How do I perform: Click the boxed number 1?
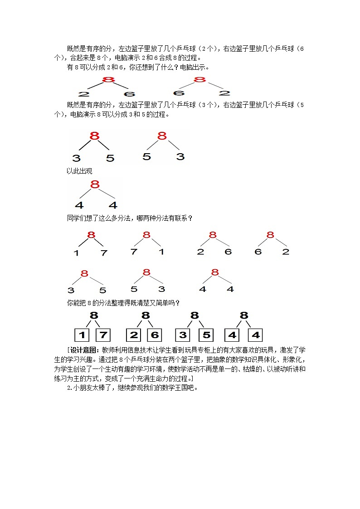coord(82,335)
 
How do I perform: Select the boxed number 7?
coord(103,335)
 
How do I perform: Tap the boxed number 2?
coord(133,335)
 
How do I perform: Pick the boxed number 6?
coord(154,335)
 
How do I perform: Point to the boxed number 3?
coord(183,335)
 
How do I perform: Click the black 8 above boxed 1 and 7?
coord(94,315)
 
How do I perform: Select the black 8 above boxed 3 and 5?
coord(195,315)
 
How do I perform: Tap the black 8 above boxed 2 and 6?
coord(145,315)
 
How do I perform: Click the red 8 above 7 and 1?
coord(146,235)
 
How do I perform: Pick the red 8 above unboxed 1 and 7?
coord(91,235)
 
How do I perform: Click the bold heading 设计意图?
coord(84,350)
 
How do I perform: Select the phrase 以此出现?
coord(79,171)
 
